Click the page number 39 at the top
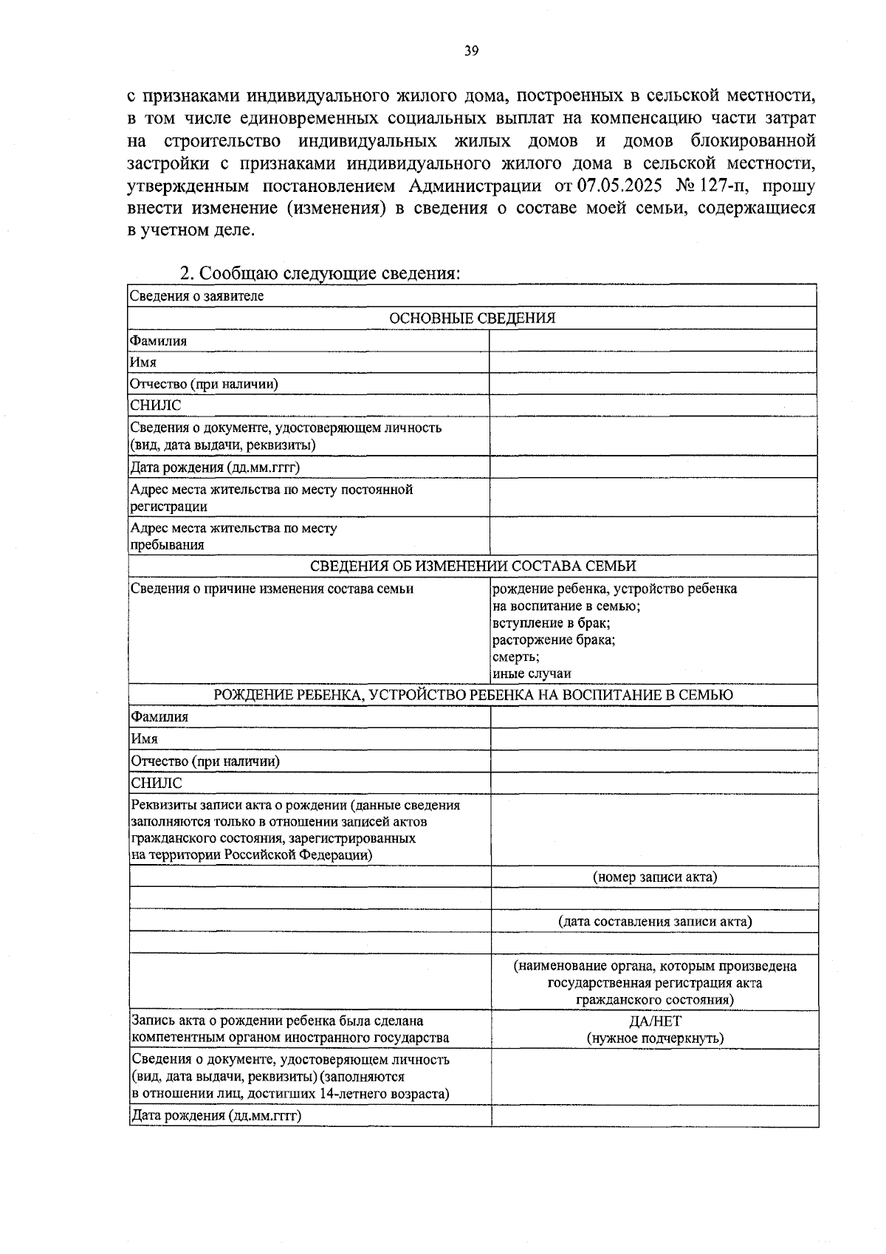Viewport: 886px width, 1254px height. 472,51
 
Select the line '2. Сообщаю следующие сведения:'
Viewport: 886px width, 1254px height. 320,273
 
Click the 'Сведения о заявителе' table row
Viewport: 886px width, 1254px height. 197,296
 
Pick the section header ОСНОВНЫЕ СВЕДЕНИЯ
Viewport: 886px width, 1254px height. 472,318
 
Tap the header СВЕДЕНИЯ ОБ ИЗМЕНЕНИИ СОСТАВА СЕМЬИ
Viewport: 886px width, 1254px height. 472,566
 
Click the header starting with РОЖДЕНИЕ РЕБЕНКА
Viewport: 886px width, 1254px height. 472,695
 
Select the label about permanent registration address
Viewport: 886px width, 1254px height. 271,498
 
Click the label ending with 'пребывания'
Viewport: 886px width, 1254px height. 233,536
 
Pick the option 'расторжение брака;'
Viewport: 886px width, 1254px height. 554,640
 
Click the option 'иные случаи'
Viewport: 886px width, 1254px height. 532,674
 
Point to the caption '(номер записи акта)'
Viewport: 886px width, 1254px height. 655,877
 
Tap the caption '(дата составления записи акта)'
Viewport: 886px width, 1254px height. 655,921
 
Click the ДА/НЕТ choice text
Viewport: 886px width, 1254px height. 655,1021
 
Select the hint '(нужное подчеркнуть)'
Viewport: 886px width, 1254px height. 655,1038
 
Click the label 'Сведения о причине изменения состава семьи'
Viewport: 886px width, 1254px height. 272,589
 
